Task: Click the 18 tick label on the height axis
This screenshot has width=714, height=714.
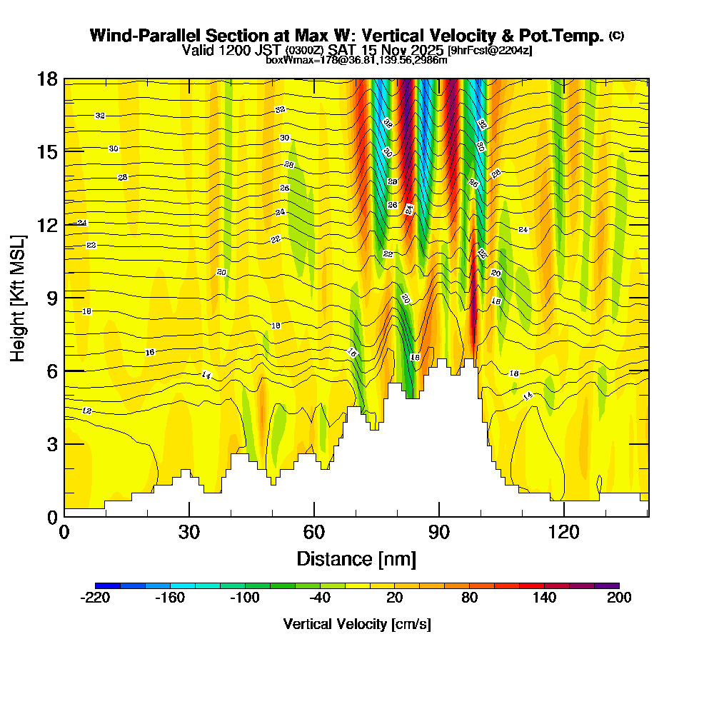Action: point(46,79)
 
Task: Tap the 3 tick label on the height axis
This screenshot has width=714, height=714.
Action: point(51,444)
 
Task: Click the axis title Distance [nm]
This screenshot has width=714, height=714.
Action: point(356,558)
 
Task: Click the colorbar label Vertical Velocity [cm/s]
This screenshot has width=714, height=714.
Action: point(356,625)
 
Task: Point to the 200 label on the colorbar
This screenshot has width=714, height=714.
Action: point(618,598)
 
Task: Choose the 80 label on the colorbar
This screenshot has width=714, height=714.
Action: point(469,598)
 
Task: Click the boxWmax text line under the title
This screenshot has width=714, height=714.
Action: point(356,60)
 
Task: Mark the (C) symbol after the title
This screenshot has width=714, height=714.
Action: point(616,36)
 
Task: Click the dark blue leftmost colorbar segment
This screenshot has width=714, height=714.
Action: point(107,585)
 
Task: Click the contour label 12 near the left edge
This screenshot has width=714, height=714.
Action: point(87,411)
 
